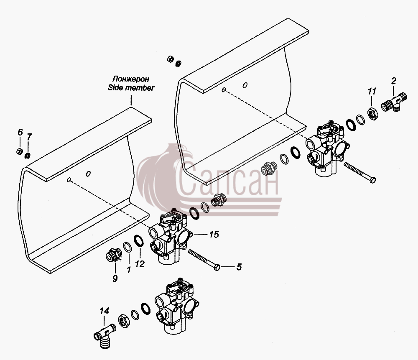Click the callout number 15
pos(214,235)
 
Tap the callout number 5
pos(239,267)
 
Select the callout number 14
pos(104,311)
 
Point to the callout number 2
pos(393,81)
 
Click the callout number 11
pos(372,91)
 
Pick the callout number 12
pos(140,264)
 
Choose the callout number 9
pos(115,278)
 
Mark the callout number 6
pos(20,132)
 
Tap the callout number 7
pos(29,137)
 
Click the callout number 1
pos(129,270)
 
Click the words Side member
pos(131,87)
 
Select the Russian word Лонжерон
pos(130,79)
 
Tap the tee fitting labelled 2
pos(394,102)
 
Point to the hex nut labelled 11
pos(372,114)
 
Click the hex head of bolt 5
pos(217,267)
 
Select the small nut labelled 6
pos(19,151)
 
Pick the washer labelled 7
pos(27,156)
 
